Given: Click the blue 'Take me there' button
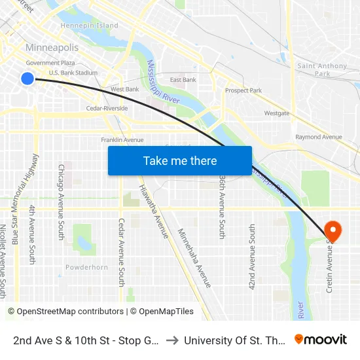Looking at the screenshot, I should pyautogui.click(x=180, y=160).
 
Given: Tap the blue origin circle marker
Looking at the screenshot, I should pyautogui.click(x=27, y=79).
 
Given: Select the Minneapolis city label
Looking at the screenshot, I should pyautogui.click(x=52, y=48).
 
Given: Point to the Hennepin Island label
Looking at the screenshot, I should pyautogui.click(x=89, y=26).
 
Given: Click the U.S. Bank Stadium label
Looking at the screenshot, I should pyautogui.click(x=73, y=73).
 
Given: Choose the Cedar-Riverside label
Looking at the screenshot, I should pyautogui.click(x=107, y=108).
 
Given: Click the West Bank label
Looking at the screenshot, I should pyautogui.click(x=124, y=89).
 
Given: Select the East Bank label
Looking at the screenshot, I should pyautogui.click(x=183, y=80).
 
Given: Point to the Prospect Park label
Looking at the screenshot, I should pyautogui.click(x=243, y=90).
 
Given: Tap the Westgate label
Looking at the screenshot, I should pyautogui.click(x=276, y=113).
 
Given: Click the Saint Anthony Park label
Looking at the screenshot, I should pyautogui.click(x=322, y=69).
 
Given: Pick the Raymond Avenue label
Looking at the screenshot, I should pyautogui.click(x=318, y=137).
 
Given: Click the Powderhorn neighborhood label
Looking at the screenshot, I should pyautogui.click(x=86, y=267).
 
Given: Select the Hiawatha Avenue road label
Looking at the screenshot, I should pyautogui.click(x=152, y=211).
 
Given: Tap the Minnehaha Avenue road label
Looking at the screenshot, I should pyautogui.click(x=194, y=258).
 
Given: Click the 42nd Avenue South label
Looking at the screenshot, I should pyautogui.click(x=252, y=247).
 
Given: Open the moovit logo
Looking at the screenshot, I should pyautogui.click(x=320, y=340).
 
